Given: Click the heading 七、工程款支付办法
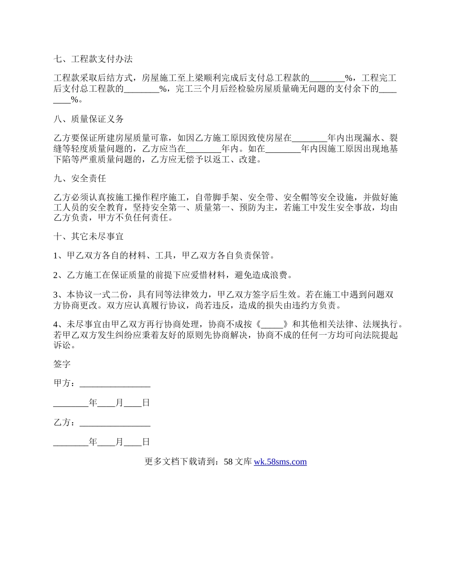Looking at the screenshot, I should (93, 59).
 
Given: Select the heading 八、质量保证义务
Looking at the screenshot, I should (89, 119).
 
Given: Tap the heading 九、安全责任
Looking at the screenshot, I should (80, 179).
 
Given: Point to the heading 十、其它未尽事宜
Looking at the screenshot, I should (89, 236).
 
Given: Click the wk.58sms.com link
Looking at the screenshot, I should (280, 462).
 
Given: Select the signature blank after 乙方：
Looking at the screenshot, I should (115, 422).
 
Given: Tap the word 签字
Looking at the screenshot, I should (62, 364).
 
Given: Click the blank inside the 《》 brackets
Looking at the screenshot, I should (272, 325).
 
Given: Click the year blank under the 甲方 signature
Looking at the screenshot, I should (71, 403).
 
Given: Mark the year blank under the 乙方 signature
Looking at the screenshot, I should (71, 442).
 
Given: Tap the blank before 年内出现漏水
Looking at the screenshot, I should (310, 138).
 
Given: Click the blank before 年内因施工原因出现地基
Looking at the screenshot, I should (283, 149).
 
